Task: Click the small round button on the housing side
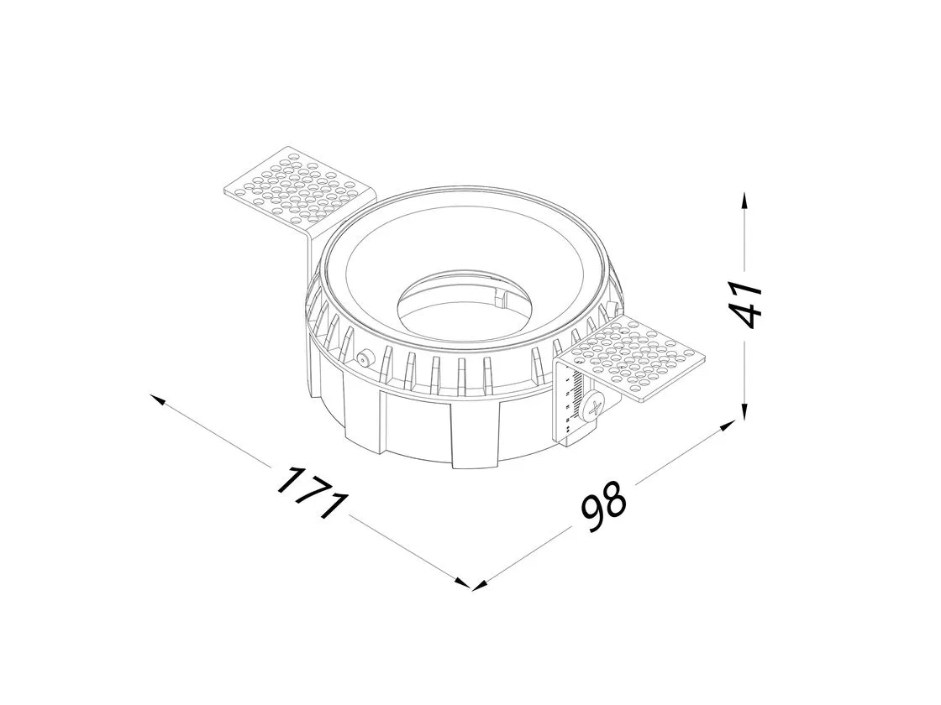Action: [x=363, y=359]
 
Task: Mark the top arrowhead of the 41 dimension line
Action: [x=744, y=201]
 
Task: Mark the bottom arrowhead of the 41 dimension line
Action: [x=744, y=412]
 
